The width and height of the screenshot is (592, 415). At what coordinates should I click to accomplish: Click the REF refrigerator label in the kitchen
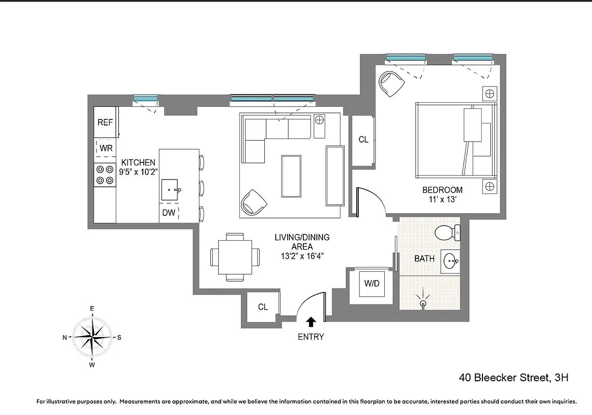point(105,122)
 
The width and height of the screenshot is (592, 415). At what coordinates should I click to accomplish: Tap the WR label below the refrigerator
point(106,148)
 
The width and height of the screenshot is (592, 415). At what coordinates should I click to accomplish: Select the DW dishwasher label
point(169,213)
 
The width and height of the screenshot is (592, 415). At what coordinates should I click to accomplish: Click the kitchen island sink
point(171,190)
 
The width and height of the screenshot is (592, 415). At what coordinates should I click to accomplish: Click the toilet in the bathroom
point(447,232)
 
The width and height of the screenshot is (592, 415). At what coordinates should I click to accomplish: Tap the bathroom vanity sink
point(450,261)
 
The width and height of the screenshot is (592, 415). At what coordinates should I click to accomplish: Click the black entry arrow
point(311,322)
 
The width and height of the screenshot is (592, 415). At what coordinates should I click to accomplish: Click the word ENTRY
point(311,337)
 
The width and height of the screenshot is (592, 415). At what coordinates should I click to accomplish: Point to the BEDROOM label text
point(442,190)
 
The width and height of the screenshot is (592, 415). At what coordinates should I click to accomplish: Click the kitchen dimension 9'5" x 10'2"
point(138,172)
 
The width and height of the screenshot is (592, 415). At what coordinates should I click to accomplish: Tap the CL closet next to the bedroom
point(364,140)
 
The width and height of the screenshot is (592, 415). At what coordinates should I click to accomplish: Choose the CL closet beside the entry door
point(263,307)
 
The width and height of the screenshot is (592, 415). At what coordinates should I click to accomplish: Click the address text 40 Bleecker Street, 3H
point(513,378)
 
